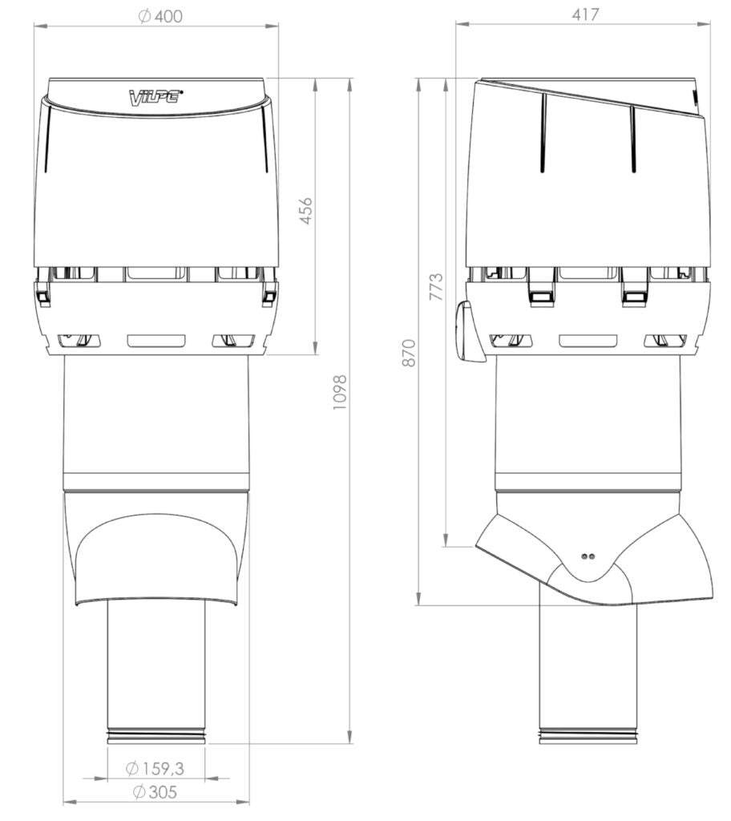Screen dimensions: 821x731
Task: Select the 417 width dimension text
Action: pyautogui.click(x=585, y=14)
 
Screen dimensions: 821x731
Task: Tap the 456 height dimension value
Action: pyautogui.click(x=306, y=210)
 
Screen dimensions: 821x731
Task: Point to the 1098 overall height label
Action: pyautogui.click(x=340, y=393)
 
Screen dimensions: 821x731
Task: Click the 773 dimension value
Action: pyautogui.click(x=436, y=287)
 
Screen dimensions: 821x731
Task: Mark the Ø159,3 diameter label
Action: pyautogui.click(x=155, y=768)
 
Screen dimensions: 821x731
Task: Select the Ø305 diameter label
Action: pyautogui.click(x=155, y=792)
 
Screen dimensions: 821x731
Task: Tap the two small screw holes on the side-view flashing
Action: pyautogui.click(x=588, y=555)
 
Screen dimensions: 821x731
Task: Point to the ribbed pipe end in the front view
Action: pyautogui.click(x=156, y=736)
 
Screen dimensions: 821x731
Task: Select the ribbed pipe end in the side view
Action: pyautogui.click(x=588, y=736)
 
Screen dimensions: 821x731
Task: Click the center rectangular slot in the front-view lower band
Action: pyautogui.click(x=156, y=341)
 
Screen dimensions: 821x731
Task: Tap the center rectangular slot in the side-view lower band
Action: pyautogui.click(x=588, y=341)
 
